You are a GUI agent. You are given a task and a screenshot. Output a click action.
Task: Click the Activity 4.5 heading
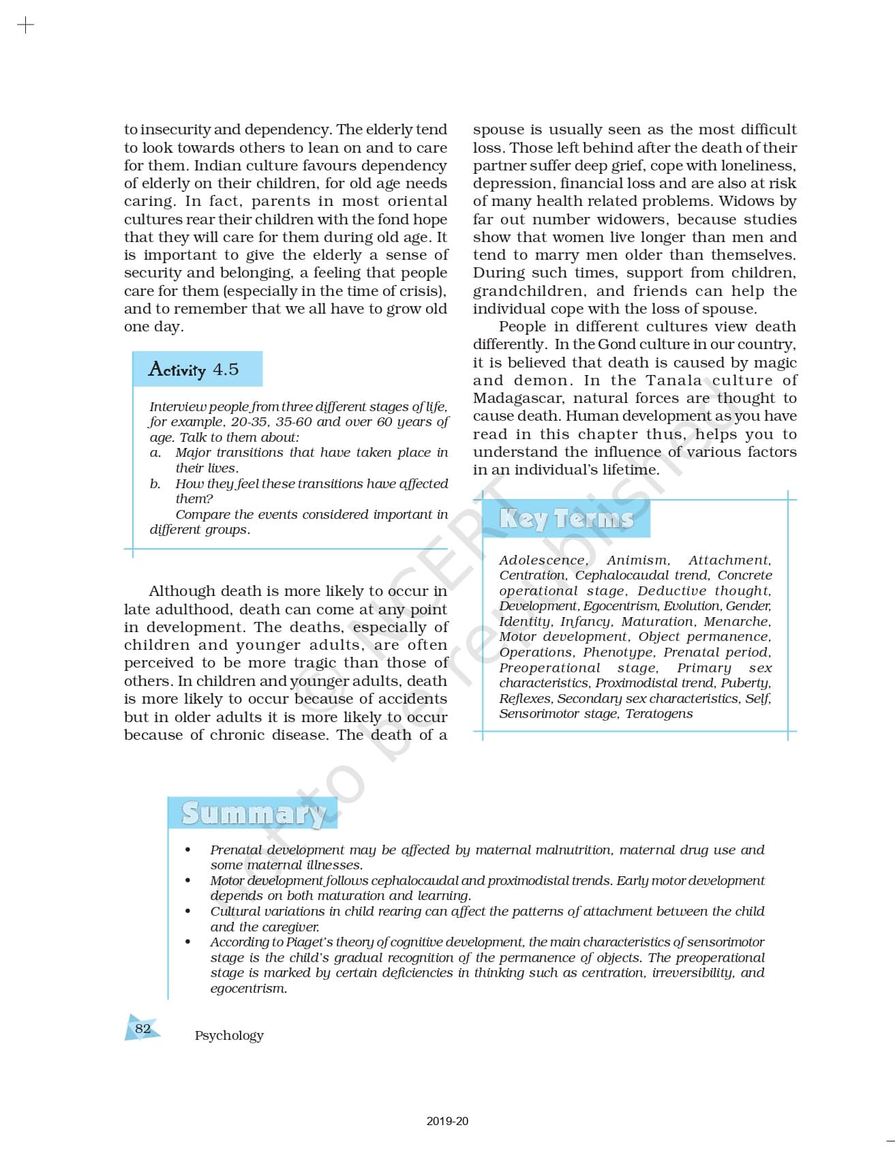pos(194,370)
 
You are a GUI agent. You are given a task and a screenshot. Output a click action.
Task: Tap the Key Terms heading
pos(566,519)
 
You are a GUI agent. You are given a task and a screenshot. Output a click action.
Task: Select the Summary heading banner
pos(253,813)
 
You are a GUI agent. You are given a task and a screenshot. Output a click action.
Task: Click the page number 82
pos(142,1028)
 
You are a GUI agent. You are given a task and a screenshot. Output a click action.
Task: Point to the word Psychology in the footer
pos(229,1035)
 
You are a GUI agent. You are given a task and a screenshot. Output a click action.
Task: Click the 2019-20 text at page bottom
pos(447,1121)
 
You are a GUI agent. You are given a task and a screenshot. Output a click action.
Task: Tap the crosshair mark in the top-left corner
pos(25,26)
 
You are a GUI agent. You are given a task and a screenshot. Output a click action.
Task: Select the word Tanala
pos(673,380)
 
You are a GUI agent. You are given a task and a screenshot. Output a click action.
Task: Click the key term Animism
pos(638,560)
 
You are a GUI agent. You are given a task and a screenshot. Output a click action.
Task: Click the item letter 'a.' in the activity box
pos(155,453)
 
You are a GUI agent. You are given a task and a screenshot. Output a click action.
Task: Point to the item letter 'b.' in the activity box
pos(155,483)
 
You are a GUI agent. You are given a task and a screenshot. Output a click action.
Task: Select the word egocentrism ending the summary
pos(248,988)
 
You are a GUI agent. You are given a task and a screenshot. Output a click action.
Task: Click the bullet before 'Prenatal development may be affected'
pos(187,850)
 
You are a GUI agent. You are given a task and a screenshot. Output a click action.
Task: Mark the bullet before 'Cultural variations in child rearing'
pos(187,911)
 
